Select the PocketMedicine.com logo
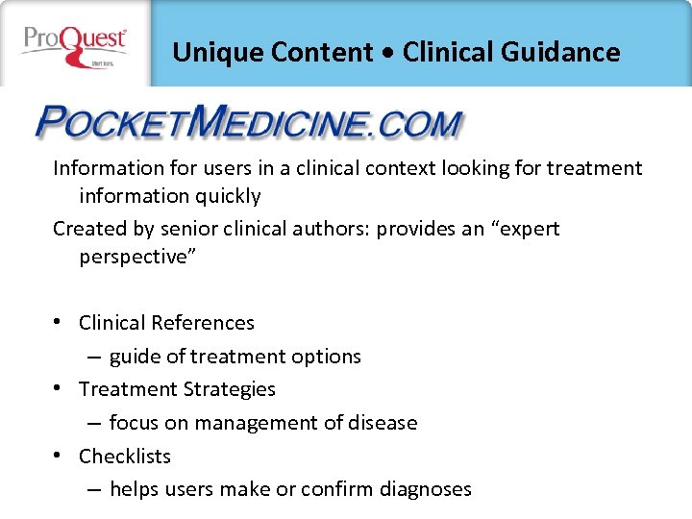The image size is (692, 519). coord(249,124)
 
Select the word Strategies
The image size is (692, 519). coord(229,389)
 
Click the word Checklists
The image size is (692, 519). coord(125,456)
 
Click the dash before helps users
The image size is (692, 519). coord(93,489)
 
